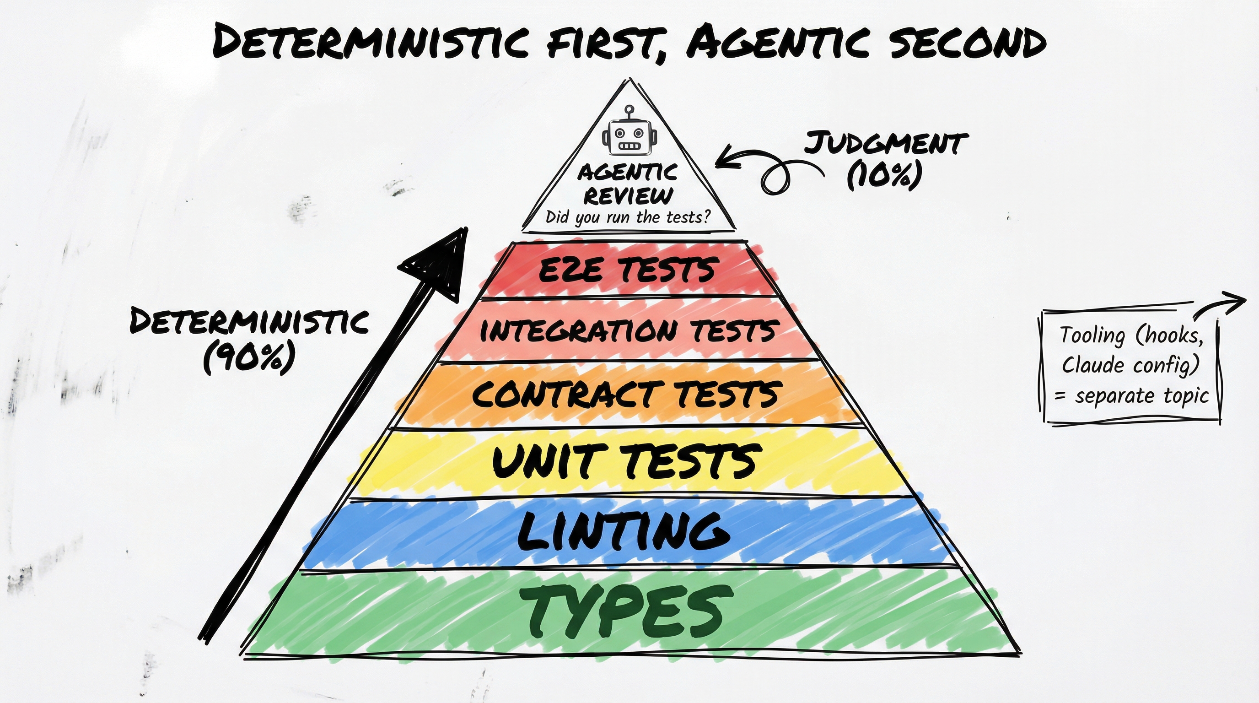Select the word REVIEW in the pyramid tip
pos(629,196)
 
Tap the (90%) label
pos(250,357)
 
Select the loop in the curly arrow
pos(774,179)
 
